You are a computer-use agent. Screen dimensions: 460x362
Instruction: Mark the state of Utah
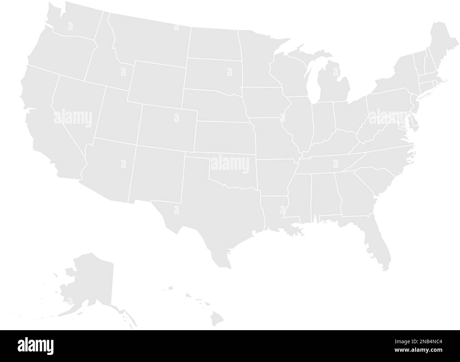[x=117, y=117]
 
